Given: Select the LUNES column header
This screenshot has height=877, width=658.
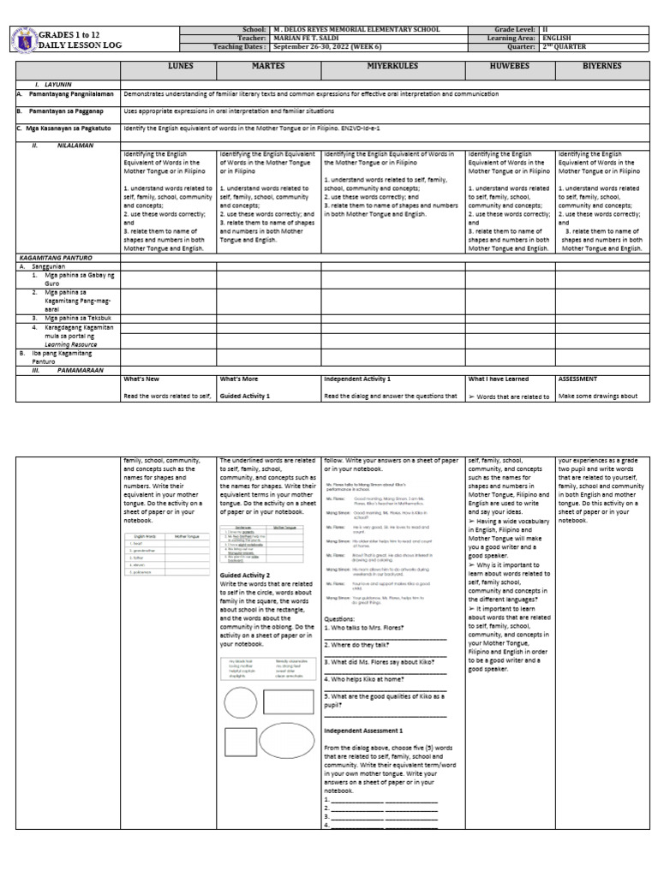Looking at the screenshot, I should [x=167, y=69].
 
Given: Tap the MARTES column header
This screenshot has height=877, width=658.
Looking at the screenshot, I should [x=268, y=69].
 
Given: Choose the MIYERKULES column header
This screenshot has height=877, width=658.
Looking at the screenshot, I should [x=392, y=69].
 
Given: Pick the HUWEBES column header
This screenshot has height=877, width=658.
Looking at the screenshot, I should [x=509, y=69].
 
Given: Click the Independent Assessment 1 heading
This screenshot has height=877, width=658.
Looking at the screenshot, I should [x=363, y=730].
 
